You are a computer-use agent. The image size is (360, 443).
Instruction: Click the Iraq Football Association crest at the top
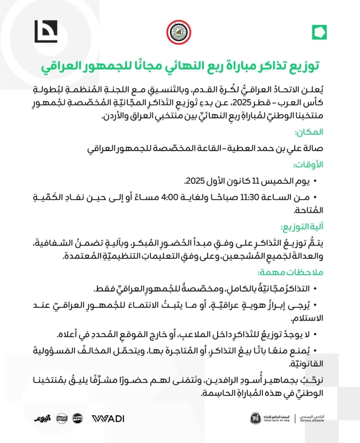point(180,32)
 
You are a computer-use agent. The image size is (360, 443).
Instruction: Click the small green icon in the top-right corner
point(317,32)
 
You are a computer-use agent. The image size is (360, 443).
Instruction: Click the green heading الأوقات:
point(309,165)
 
